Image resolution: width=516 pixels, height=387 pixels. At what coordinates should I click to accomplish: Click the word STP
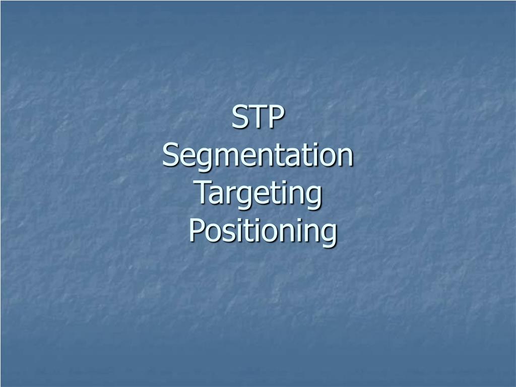point(258,118)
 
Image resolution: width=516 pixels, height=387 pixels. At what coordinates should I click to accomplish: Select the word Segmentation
point(258,156)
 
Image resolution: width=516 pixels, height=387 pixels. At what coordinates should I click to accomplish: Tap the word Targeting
point(258,194)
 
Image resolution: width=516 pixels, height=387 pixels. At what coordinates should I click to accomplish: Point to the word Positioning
point(262,232)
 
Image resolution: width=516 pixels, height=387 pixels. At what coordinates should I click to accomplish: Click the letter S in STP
point(239,118)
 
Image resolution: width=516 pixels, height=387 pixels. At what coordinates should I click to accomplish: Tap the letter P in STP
point(275,118)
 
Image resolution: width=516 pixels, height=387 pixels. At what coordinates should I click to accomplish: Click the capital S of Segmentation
point(171,156)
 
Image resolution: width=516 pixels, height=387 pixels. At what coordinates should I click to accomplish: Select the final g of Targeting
point(313,198)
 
